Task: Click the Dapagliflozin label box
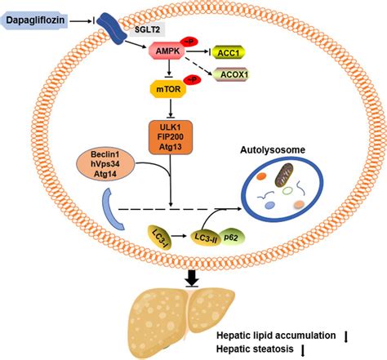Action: tap(34, 20)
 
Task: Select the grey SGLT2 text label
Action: tap(147, 29)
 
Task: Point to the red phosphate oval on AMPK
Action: tap(189, 42)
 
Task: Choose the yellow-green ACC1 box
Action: tap(228, 52)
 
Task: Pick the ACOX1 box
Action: tap(231, 74)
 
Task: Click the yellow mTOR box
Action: tap(168, 89)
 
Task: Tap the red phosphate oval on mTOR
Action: tap(192, 80)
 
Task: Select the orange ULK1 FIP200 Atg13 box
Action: tap(171, 137)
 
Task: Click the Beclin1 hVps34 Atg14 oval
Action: tap(105, 164)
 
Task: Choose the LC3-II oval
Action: tap(206, 238)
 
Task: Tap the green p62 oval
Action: tap(231, 238)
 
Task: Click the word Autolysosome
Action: tap(273, 150)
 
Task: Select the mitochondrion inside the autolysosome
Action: tap(284, 175)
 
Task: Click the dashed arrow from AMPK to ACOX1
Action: tap(198, 66)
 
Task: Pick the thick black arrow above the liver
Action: tap(192, 278)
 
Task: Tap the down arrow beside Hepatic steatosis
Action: tap(303, 350)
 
